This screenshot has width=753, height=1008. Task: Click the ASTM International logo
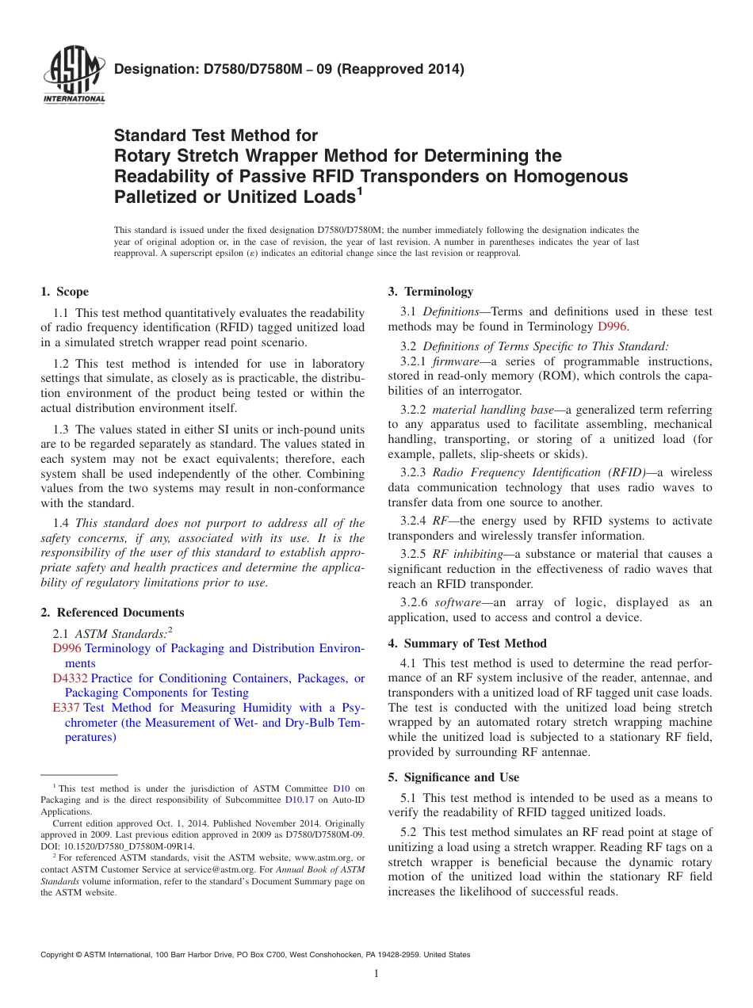point(73,78)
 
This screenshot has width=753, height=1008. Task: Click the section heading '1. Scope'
point(65,292)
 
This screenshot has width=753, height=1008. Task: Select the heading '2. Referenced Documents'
point(113,613)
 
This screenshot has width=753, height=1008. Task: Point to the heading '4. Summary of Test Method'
point(467,643)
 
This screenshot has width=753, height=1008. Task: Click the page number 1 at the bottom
point(376,973)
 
